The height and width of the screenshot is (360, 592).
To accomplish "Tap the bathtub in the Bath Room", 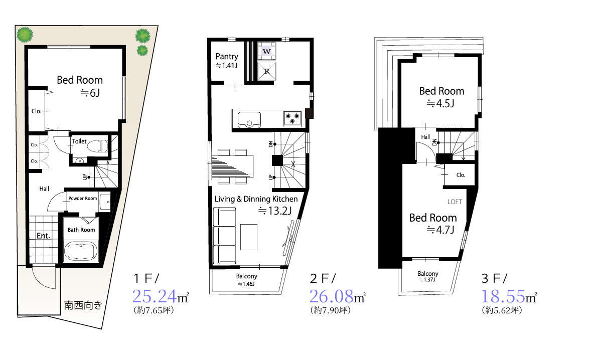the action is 81,251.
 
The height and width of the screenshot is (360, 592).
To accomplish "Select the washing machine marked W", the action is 266,51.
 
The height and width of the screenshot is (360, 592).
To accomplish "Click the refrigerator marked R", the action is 266,71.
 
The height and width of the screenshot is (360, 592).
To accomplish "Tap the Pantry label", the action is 227,56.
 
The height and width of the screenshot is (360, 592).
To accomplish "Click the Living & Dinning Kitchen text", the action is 256,199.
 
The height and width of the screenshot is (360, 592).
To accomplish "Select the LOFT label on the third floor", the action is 455,202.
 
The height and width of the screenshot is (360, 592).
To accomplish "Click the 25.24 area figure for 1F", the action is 154,296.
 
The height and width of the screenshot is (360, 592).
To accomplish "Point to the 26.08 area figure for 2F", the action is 331,296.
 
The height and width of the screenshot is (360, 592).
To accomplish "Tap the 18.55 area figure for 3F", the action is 503,296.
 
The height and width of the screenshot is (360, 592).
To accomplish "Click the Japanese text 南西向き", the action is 83,305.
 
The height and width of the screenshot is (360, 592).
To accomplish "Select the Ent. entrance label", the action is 44,236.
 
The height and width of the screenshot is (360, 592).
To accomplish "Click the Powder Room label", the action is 83,198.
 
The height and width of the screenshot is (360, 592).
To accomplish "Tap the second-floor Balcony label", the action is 246,276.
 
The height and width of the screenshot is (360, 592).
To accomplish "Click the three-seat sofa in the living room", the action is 224,236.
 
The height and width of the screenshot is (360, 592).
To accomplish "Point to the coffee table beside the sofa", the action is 249,237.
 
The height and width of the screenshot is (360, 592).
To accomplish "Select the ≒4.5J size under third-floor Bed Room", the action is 440,103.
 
